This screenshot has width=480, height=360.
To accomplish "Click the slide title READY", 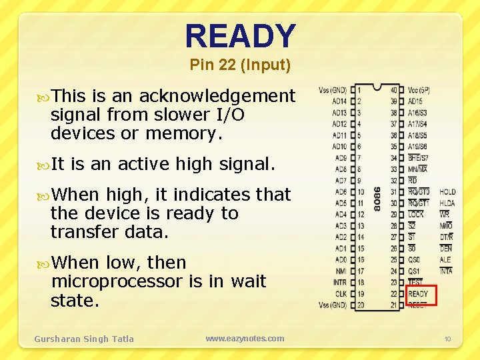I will point(240,37).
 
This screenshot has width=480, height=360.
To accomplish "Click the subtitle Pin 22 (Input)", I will point(240,65).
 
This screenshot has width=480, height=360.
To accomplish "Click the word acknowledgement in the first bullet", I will point(217,96).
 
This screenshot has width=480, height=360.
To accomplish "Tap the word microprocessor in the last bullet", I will point(116,281).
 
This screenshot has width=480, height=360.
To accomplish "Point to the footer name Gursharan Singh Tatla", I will point(84,339).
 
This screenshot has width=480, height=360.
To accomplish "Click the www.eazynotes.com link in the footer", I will point(245,339).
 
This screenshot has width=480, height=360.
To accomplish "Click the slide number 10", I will point(448,339).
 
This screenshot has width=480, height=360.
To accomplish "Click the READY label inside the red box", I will point(419,294).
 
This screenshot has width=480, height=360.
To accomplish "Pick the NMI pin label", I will point(341,271).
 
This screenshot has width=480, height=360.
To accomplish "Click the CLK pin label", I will point(341,293).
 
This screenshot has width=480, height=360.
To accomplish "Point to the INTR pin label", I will point(340,283).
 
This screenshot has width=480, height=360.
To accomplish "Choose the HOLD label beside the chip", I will point(448,192).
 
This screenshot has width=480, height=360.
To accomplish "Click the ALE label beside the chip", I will point(445,260).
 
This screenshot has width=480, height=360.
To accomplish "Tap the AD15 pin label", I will point(415,101).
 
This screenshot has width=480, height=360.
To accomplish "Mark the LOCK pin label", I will point(416,215).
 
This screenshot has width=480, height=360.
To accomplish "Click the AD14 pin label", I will point(339,101).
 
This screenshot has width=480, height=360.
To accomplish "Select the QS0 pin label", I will point(415,260).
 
